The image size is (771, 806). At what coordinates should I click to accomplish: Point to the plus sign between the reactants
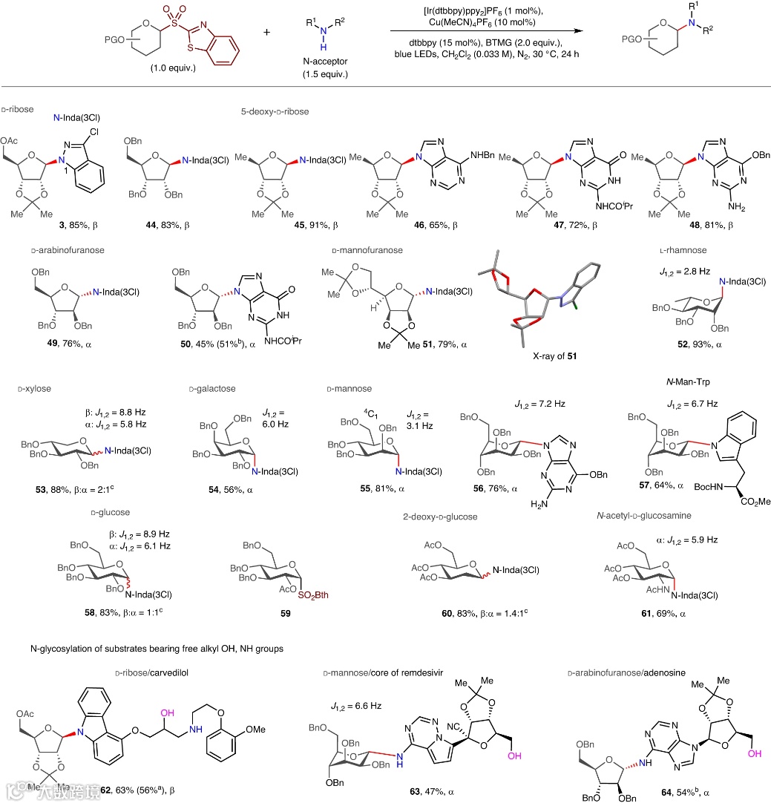266,33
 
